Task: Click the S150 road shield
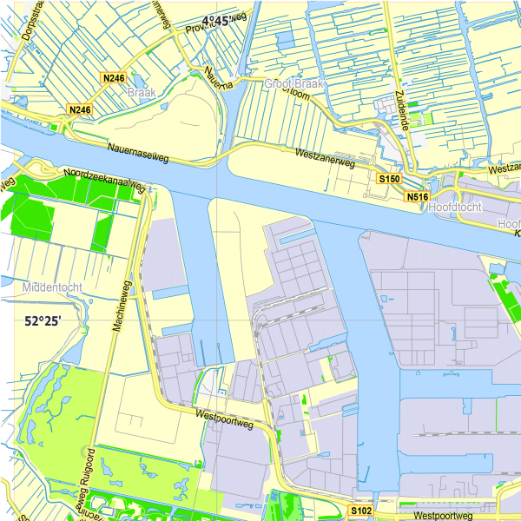point(389,178)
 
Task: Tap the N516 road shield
point(419,197)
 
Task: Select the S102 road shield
point(361,510)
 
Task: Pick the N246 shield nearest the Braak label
point(114,78)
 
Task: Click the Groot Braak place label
point(293,83)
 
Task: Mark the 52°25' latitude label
point(42,321)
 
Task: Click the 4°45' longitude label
point(221,21)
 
